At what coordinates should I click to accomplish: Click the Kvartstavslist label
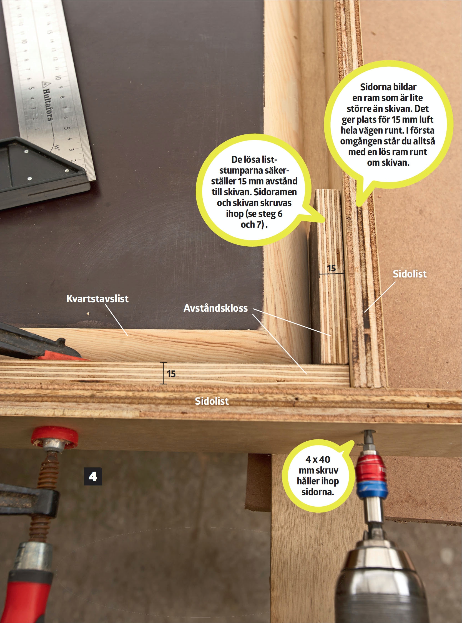tap(97, 299)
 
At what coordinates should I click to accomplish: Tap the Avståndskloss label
tap(216, 308)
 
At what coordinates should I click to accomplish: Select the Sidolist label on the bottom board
tap(212, 401)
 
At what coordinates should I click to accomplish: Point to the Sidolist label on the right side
tap(410, 274)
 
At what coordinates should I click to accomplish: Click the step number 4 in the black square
tap(93, 476)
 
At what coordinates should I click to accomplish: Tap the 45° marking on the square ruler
tap(57, 147)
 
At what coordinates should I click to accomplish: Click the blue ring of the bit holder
tap(372, 490)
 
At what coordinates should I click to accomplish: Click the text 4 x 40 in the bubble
tap(318, 459)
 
